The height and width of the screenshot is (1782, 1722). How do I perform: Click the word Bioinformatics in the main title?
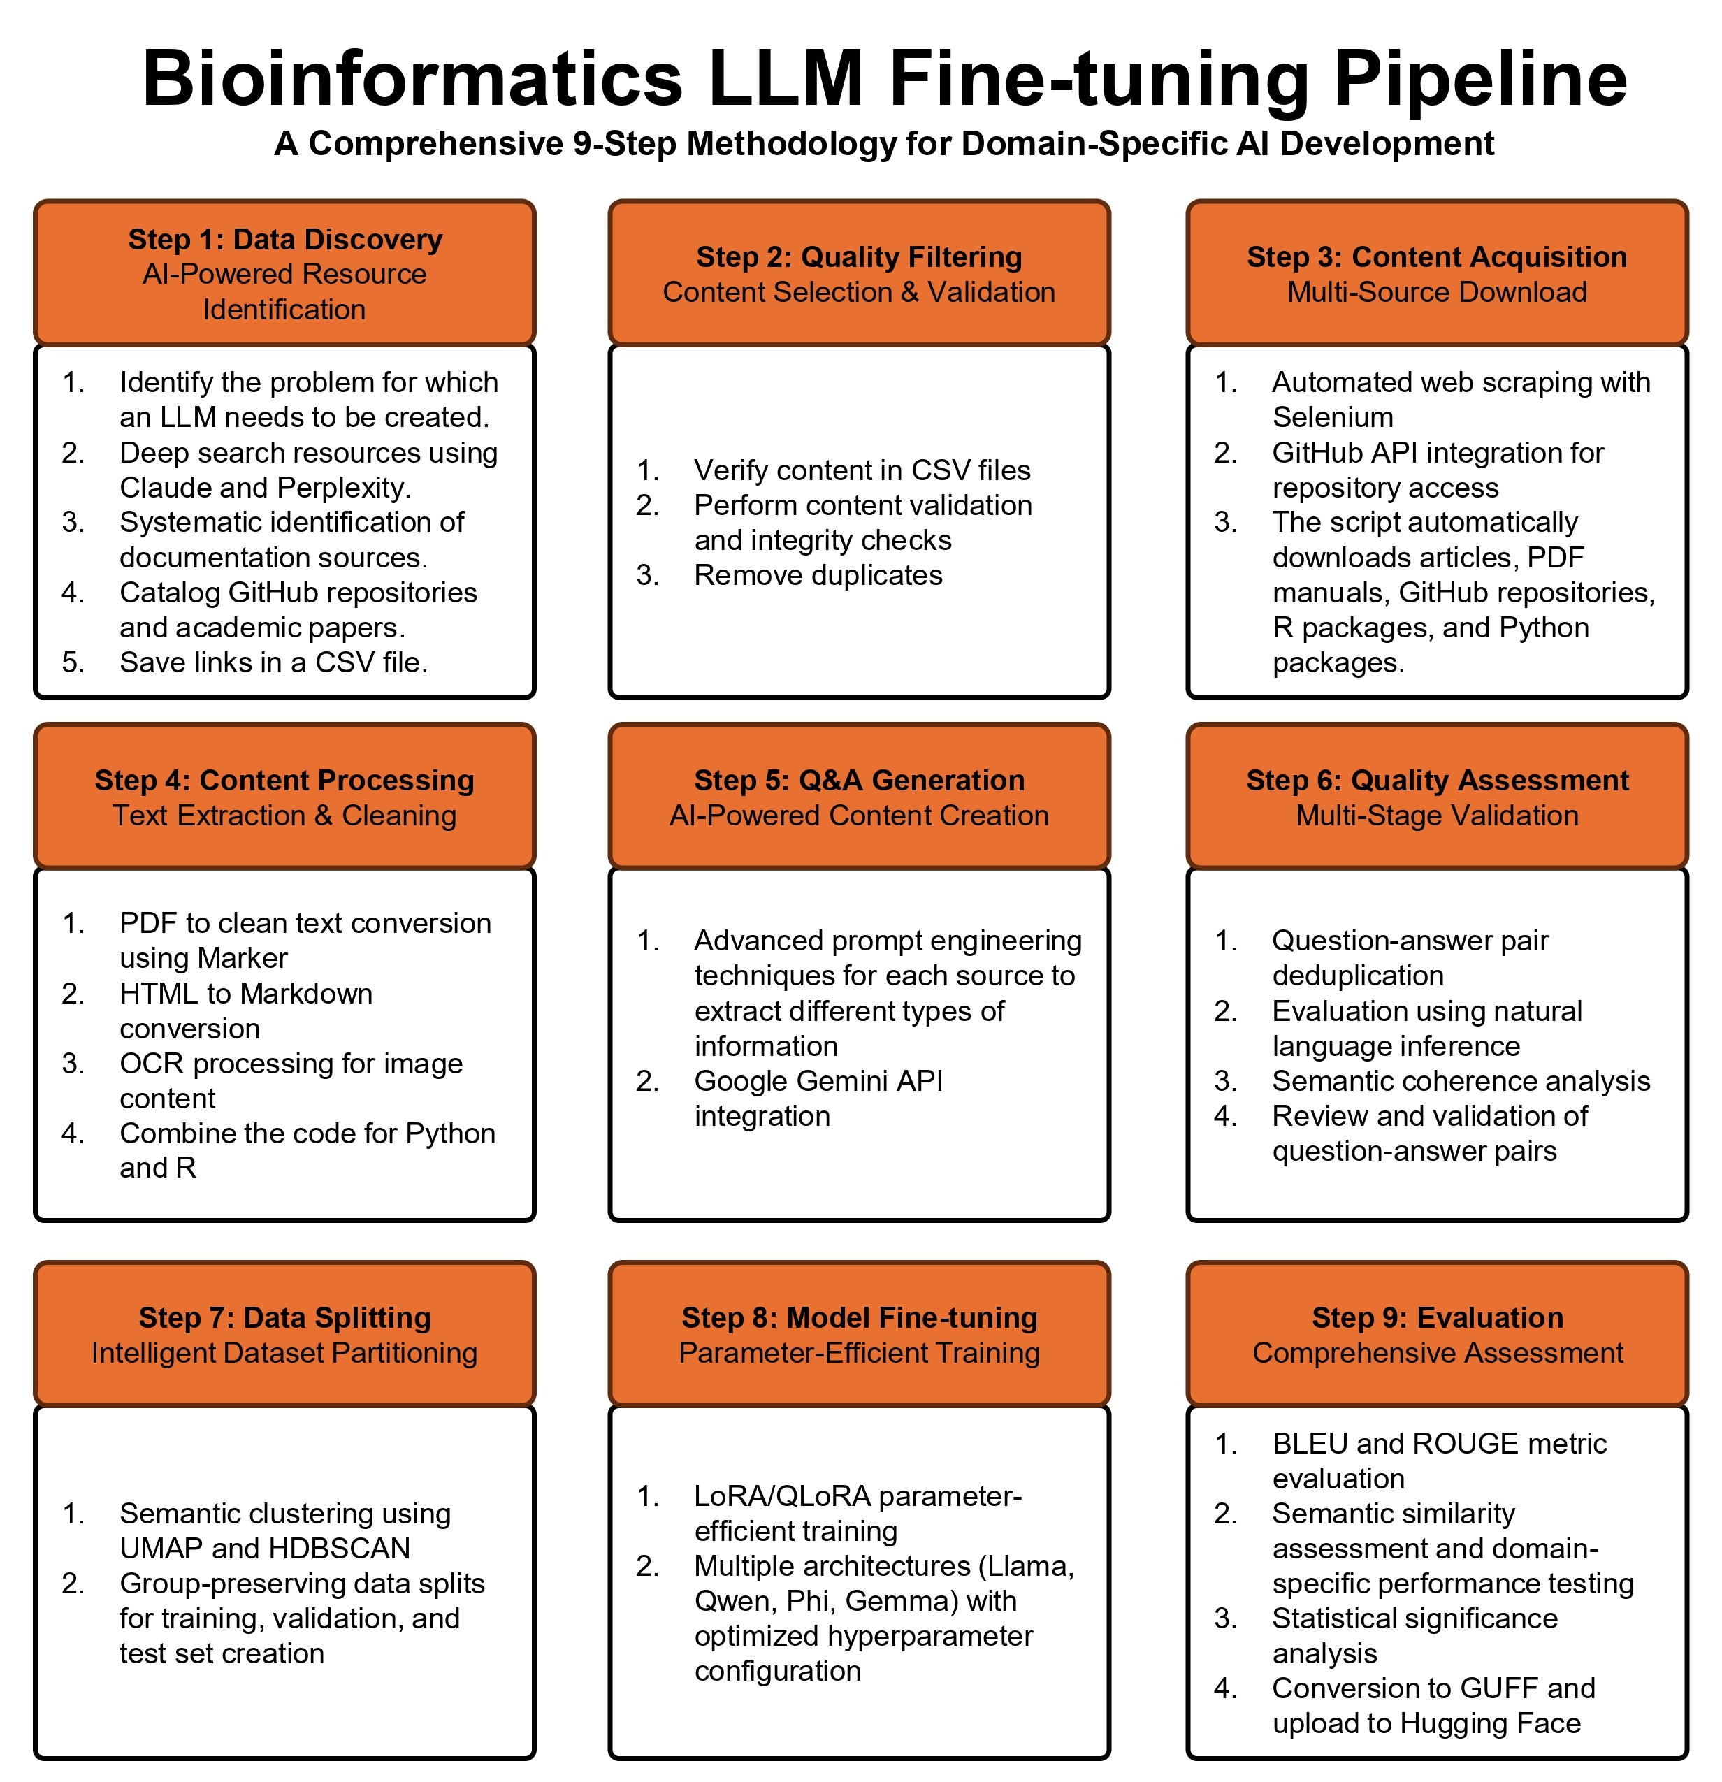point(412,79)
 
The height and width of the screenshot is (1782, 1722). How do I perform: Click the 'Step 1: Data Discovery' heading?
point(284,239)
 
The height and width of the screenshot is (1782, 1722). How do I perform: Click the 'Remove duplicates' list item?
point(818,576)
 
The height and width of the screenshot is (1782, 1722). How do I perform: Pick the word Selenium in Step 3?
point(1332,417)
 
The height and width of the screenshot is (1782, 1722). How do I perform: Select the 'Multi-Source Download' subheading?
point(1437,292)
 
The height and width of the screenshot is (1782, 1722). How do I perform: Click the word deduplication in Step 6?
point(1357,976)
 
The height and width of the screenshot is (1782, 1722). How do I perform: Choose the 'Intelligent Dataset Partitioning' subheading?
point(284,1353)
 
